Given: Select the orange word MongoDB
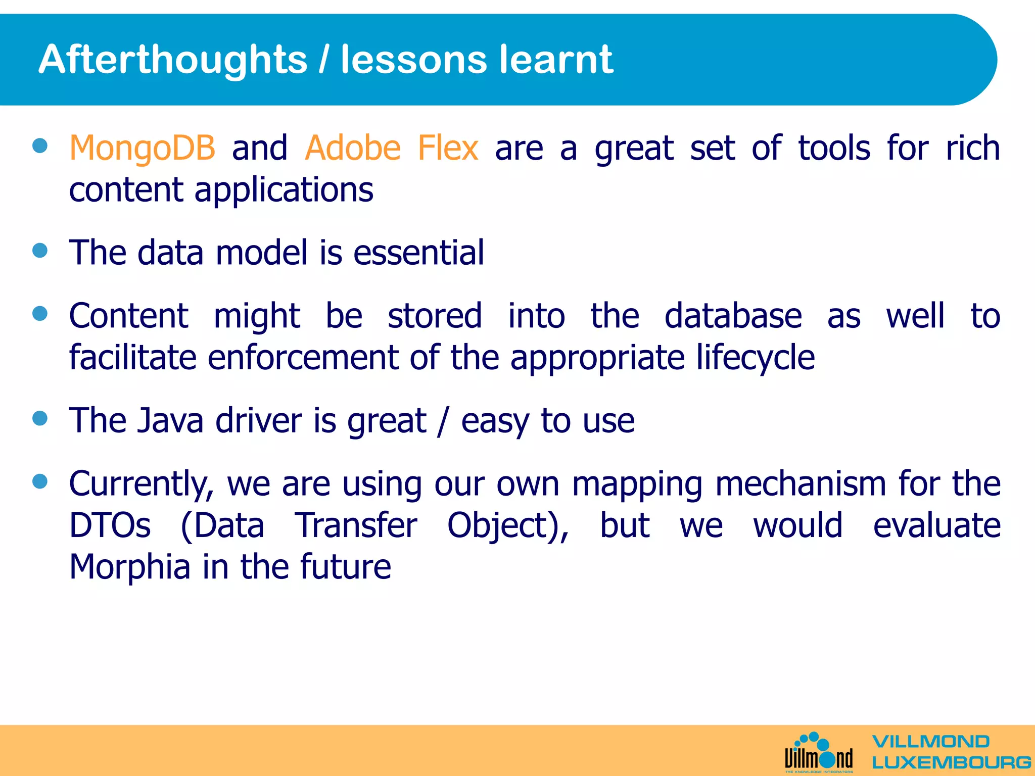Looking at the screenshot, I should [142, 149].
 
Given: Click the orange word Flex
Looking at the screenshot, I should [448, 149].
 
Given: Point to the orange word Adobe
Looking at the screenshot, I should [353, 149].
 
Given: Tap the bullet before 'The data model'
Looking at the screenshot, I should [40, 251].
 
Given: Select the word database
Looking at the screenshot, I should [733, 316].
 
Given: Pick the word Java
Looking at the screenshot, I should [170, 420].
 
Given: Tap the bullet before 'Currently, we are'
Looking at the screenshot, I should [40, 481].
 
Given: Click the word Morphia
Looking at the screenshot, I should [129, 567].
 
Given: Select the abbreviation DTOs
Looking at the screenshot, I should [110, 525].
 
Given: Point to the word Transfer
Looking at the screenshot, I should [356, 525].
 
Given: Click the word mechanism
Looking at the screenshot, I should [801, 484].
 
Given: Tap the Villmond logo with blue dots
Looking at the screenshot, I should [819, 753].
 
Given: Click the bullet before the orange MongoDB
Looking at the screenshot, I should [40, 146].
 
